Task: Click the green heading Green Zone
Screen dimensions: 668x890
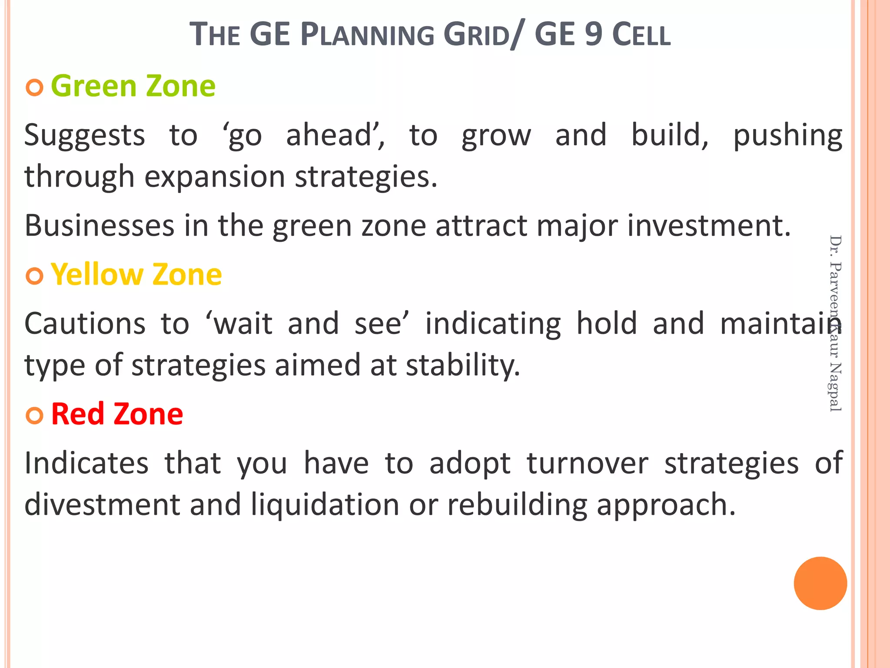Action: coord(133,86)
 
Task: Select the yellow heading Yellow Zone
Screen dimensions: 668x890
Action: coord(136,275)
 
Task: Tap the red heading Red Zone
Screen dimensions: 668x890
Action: coord(117,414)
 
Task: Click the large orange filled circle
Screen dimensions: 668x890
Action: coord(820,583)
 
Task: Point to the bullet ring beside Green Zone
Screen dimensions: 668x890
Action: coord(34,88)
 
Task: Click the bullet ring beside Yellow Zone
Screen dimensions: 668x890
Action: coord(34,276)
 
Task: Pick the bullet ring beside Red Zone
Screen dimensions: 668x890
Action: coord(34,415)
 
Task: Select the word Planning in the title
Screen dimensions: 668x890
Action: coord(367,35)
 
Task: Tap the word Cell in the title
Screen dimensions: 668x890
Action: coord(641,35)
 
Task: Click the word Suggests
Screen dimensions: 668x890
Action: coord(84,136)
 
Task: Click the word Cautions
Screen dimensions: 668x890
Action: coord(85,324)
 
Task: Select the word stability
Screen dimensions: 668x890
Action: coord(463,365)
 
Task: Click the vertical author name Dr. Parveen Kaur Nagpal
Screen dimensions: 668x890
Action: coord(835,323)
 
